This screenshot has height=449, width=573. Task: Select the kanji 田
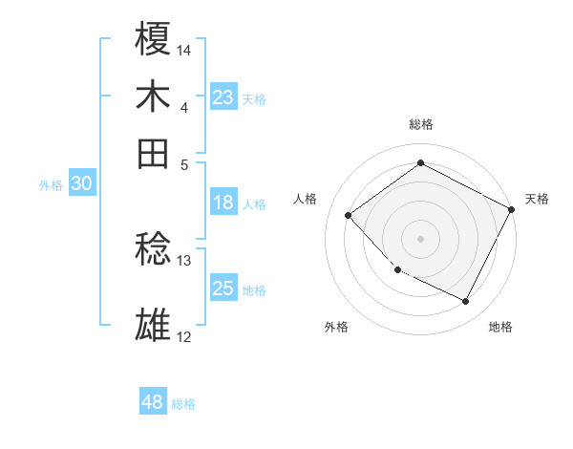coord(153,153)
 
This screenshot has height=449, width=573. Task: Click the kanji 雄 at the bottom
coord(153,325)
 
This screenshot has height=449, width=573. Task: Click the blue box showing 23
coord(223,97)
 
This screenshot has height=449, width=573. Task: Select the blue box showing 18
coord(223,203)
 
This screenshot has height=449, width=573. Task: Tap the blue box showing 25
coord(223,289)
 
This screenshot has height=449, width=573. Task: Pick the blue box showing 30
coord(81,184)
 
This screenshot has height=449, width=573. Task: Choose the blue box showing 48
coord(153,402)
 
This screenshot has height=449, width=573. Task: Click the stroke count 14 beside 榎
coord(184,49)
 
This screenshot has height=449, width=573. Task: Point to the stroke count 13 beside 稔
coord(184,260)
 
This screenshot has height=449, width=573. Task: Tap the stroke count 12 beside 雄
coord(184,336)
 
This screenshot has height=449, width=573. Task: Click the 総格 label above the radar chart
coord(420,124)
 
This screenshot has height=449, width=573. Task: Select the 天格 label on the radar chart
coord(537,199)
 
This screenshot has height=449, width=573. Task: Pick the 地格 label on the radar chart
coord(500,327)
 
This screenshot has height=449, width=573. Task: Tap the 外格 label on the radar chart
coord(336,327)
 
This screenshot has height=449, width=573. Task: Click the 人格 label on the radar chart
coord(306,199)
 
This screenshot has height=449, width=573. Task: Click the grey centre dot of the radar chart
coord(420,238)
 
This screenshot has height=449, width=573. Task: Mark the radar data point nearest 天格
coord(512,209)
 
